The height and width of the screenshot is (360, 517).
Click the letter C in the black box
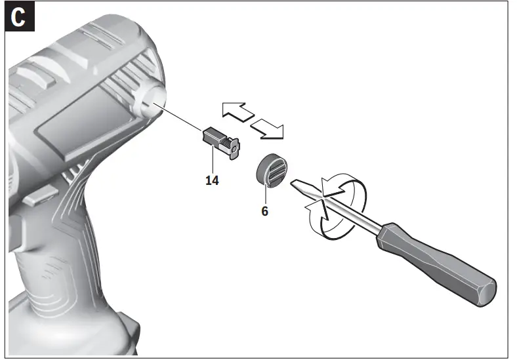coord(19,18)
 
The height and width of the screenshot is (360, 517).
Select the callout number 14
coord(211,180)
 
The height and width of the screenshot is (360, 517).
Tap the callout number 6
coord(264,212)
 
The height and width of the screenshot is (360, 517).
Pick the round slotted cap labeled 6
coord(270,171)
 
